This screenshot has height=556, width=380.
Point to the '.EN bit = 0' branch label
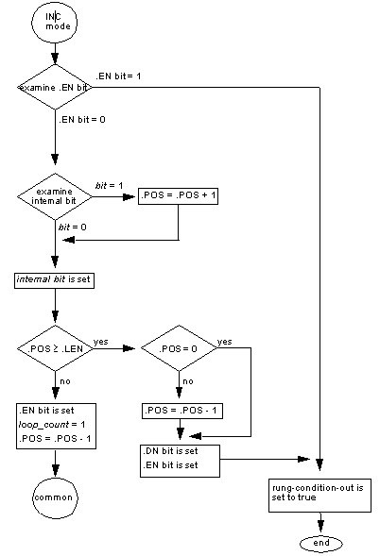click(82, 121)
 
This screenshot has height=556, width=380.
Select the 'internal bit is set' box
click(55, 280)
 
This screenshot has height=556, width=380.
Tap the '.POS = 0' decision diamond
click(179, 348)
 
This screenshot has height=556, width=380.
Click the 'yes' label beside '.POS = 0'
click(224, 340)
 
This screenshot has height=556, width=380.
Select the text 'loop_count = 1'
click(47, 425)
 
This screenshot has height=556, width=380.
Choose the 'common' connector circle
click(55, 497)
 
